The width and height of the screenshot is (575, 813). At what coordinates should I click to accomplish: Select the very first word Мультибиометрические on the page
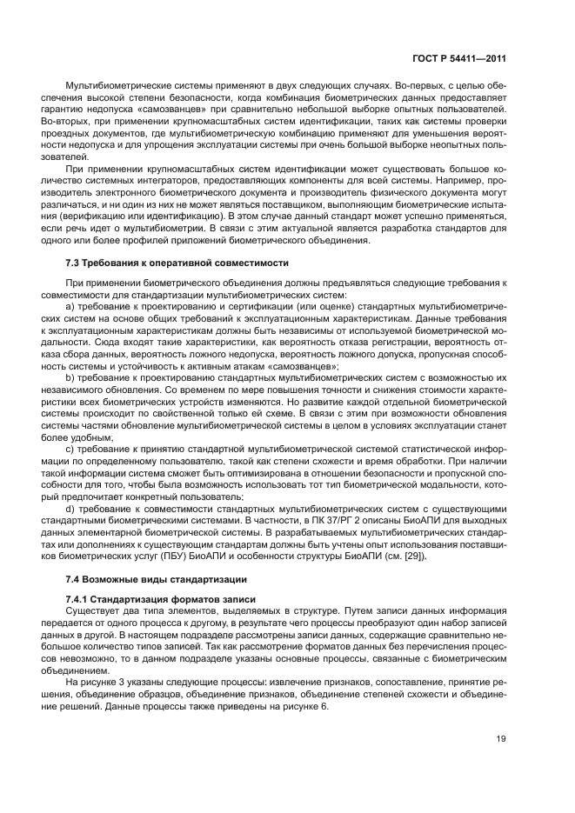point(113,87)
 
